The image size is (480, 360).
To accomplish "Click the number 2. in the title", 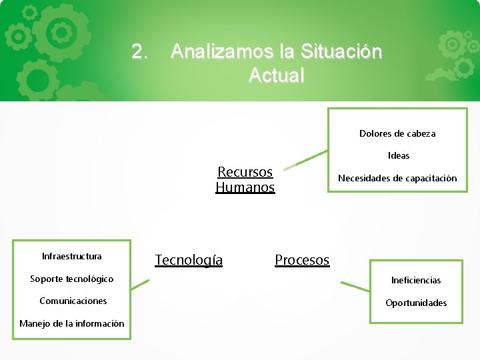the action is [140, 51].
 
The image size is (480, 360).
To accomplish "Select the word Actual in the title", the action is [276, 75].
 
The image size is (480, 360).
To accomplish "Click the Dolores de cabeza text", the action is [397, 133].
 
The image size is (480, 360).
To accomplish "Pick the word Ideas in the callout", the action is [399, 155].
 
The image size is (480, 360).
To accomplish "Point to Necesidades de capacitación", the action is [397, 178].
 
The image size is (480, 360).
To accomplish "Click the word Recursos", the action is [245, 172].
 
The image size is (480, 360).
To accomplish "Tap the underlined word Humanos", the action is [245, 187].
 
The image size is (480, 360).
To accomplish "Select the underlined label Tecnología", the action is [189, 259].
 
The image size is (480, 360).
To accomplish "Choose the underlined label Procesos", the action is [302, 259].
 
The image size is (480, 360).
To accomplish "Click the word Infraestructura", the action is [72, 256].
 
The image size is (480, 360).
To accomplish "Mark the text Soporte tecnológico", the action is [72, 279].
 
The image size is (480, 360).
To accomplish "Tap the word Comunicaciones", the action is [73, 301].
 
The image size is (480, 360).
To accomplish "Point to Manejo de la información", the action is [72, 323].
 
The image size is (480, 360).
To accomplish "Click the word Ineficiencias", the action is [416, 280].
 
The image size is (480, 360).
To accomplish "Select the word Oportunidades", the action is [416, 303].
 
